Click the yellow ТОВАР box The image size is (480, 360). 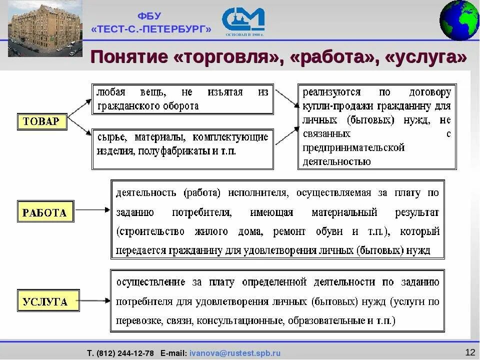(42, 121)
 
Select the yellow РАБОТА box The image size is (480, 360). (45, 212)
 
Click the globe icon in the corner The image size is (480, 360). (459, 20)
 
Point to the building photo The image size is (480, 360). (45, 28)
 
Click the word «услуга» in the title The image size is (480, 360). (425, 56)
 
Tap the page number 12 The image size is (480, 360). (469, 352)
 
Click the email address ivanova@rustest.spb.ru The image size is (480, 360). (235, 353)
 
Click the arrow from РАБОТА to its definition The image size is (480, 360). (91, 211)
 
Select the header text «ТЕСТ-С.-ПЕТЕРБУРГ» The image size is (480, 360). (151, 29)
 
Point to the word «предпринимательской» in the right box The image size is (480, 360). (353, 147)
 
